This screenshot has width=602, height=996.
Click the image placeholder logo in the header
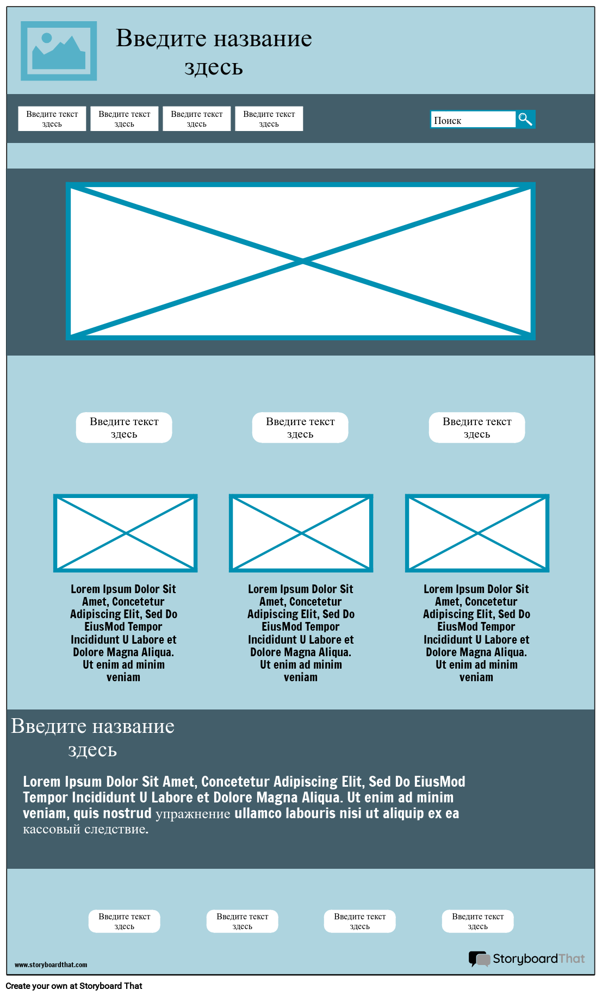[59, 51]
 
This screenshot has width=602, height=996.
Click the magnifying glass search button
[525, 119]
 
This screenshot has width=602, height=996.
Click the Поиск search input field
[473, 120]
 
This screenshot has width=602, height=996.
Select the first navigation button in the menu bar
[52, 119]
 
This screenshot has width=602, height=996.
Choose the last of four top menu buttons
[269, 119]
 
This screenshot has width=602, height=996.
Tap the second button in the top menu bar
[125, 119]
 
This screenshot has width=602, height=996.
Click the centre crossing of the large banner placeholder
[302, 262]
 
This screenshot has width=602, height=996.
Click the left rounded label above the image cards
[124, 427]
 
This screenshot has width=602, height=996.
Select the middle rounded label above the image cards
[300, 427]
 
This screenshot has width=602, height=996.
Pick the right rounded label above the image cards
[477, 427]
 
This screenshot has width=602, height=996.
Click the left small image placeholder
[125, 533]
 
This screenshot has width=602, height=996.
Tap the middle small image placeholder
[301, 533]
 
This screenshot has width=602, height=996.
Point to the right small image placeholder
[477, 533]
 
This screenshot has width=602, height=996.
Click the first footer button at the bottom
[125, 921]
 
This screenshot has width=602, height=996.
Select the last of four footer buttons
[478, 921]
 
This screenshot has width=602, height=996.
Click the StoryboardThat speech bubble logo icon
[480, 958]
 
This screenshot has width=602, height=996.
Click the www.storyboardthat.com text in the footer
[51, 965]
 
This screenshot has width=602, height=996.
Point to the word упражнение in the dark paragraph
[193, 814]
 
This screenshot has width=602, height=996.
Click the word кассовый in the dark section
[52, 829]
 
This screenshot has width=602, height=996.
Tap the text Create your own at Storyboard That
[74, 986]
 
